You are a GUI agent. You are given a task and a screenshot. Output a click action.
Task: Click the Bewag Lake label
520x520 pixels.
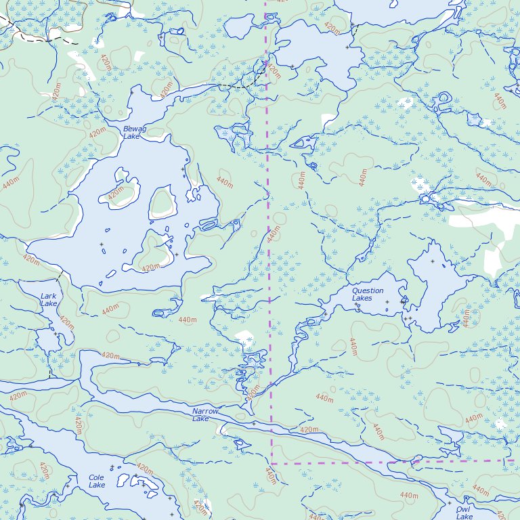click(x=132, y=132)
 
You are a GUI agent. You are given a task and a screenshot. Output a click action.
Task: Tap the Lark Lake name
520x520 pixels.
click(x=49, y=300)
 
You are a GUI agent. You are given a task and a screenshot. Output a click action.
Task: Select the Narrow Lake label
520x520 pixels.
click(x=205, y=415)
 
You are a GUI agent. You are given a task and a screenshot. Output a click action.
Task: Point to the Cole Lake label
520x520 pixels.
click(x=97, y=481)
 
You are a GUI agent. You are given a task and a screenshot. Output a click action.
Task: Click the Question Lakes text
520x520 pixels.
click(x=368, y=294)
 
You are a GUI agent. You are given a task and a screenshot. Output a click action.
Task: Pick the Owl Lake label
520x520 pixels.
click(x=464, y=513)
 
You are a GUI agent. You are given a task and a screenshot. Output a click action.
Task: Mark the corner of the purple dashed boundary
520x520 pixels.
click(x=272, y=463)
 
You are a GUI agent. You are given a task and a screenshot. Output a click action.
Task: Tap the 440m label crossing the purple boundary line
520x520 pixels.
click(x=273, y=234)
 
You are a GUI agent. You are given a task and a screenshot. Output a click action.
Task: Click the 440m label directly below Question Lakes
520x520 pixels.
click(x=353, y=347)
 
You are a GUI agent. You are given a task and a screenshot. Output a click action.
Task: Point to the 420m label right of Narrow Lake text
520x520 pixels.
click(x=309, y=430)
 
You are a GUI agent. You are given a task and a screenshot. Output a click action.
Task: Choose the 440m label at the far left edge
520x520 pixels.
click(x=10, y=184)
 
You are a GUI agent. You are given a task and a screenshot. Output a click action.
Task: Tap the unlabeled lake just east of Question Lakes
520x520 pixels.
click(x=437, y=284)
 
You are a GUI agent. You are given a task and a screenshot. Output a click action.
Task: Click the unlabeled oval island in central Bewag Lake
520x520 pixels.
click(x=162, y=202)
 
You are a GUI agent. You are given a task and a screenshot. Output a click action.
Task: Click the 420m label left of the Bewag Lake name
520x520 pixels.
click(x=97, y=131)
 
